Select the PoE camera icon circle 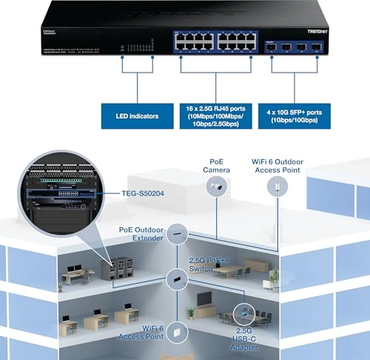click(x=217, y=189)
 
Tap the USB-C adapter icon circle click(x=243, y=312)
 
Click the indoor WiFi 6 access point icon click(x=175, y=334)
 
